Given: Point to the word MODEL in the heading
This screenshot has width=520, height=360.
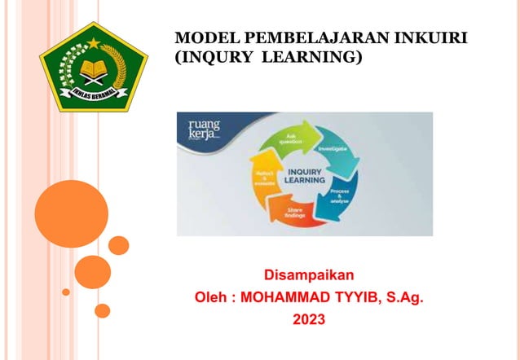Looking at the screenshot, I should [x=203, y=38].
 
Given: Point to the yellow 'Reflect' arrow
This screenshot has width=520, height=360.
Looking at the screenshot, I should [x=253, y=180].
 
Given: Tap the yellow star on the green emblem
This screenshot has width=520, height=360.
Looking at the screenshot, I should [x=93, y=42].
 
